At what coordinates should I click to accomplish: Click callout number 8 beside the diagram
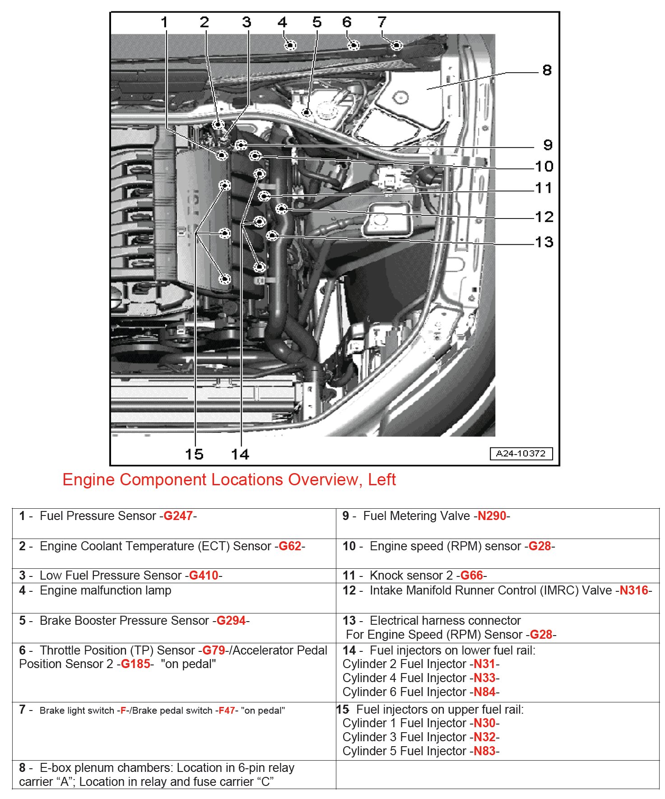[547, 70]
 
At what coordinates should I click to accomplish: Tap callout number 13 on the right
[544, 242]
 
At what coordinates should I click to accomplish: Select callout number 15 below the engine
[194, 454]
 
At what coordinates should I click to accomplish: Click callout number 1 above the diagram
[164, 22]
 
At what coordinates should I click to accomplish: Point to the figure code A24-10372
[521, 454]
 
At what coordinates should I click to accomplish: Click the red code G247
[178, 516]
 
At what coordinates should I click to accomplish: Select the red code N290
[492, 516]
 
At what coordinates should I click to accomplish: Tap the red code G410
[204, 576]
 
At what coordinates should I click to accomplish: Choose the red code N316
[633, 590]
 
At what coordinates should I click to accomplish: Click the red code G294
[231, 621]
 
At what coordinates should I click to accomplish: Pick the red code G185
[135, 664]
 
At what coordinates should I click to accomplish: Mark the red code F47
[227, 711]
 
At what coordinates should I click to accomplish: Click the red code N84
[484, 692]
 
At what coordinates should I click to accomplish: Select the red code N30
[484, 723]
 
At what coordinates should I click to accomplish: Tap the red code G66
[472, 576]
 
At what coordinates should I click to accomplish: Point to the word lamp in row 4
[156, 590]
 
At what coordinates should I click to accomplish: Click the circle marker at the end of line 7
[396, 45]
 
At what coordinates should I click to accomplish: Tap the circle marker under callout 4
[289, 45]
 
